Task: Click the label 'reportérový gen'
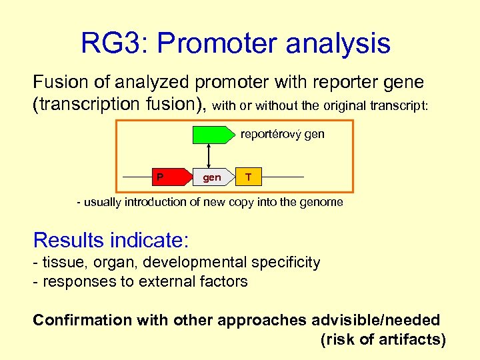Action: [282, 134]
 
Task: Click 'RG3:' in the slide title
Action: [114, 43]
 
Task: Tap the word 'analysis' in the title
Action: [343, 43]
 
